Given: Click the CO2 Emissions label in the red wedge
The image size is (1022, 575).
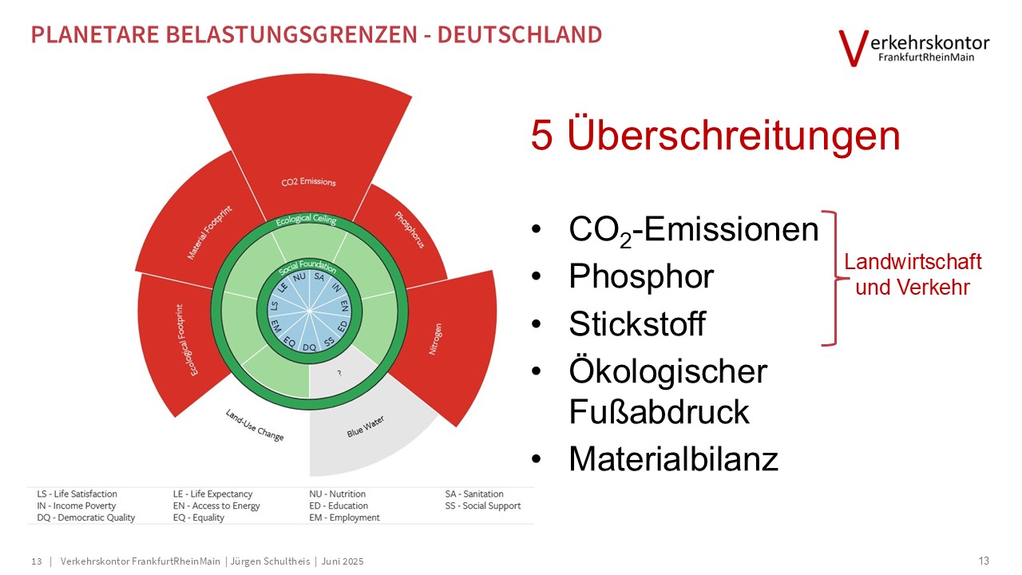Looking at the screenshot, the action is point(308,181).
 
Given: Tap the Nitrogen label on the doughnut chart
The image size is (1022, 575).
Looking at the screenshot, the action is point(435,339).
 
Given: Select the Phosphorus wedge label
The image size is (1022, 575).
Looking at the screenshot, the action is point(410,229).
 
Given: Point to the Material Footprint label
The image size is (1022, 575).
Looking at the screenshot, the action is point(209,232).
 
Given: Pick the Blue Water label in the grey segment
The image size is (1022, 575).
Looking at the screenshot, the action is point(366,426).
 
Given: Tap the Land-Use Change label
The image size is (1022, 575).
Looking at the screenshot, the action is point(255,425).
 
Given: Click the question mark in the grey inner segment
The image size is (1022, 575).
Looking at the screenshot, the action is point(339,373).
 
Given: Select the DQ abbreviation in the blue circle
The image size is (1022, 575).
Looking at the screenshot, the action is point(309,347).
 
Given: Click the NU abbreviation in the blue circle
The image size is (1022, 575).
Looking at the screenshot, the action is point(299,277).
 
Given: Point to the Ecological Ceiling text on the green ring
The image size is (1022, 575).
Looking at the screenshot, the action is point(306,220).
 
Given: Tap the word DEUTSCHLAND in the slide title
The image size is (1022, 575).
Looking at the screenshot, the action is point(520,34).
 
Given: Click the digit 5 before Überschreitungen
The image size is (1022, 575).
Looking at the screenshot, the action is point(542,136).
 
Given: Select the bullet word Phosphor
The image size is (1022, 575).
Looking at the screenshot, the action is point(641,276).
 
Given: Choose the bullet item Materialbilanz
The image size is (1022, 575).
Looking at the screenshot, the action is point(673,458).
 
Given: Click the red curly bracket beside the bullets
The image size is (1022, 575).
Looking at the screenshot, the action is point(834,278).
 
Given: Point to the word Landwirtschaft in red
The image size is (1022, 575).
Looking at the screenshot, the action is point(913,262).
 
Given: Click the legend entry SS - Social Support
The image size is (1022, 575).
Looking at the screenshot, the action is point(483,506).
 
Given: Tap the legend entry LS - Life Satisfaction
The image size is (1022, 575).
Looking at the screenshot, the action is point(77,494).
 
